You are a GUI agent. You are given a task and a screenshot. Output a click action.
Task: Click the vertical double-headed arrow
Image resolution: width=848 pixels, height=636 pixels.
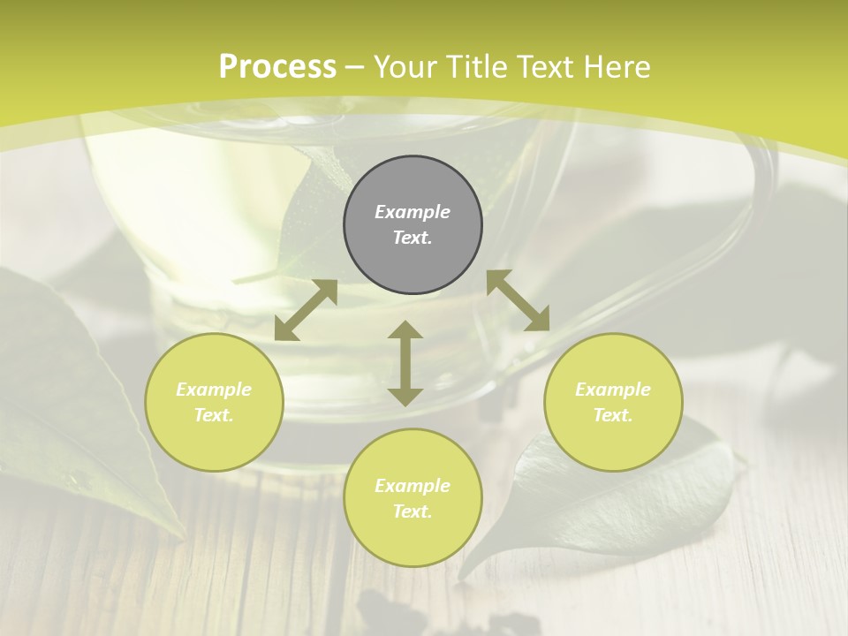click(405, 363)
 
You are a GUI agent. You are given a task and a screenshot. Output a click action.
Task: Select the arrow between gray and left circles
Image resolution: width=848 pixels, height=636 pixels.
click(306, 310)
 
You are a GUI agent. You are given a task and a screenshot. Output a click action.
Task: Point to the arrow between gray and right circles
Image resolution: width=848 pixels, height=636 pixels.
click(518, 300)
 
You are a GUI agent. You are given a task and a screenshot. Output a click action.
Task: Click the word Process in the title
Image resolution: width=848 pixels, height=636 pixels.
click(277, 67)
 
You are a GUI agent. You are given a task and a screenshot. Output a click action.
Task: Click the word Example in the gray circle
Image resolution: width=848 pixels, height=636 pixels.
click(413, 212)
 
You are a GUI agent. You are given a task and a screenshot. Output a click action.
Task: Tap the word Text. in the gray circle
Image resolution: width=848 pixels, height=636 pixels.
click(413, 238)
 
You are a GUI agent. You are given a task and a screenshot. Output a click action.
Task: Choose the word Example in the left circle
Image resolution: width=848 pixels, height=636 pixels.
click(214, 390)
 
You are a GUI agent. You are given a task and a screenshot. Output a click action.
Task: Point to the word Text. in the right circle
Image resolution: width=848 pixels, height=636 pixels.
click(613, 415)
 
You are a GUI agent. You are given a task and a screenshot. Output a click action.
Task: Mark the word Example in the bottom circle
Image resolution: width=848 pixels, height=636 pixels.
click(413, 486)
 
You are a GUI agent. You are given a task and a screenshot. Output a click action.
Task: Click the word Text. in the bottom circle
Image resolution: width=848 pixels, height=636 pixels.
click(413, 511)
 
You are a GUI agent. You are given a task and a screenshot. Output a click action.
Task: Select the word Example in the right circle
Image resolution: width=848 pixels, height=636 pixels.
click(613, 390)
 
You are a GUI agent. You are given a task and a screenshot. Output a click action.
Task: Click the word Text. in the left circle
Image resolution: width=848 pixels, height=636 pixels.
click(214, 415)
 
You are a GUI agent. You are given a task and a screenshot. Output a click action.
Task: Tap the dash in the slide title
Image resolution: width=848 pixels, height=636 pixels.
click(355, 67)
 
